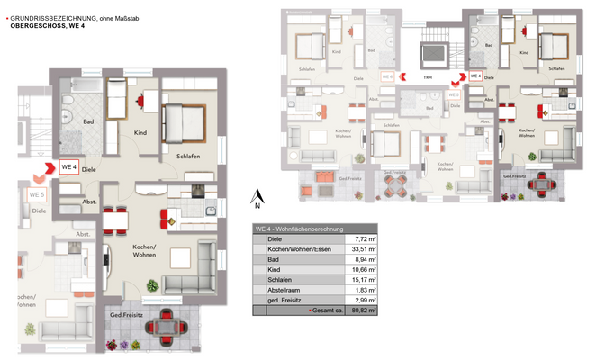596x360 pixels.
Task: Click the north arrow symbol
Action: pyautogui.click(x=258, y=197)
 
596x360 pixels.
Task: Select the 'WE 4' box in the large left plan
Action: pyautogui.click(x=68, y=167)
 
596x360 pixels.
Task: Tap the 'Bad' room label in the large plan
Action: pyautogui.click(x=87, y=121)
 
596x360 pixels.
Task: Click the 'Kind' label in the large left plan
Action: pyautogui.click(x=140, y=133)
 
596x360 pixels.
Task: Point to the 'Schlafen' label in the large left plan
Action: pyautogui.click(x=187, y=157)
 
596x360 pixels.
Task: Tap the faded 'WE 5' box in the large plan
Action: pyautogui.click(x=37, y=194)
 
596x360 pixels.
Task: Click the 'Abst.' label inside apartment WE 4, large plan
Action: pyautogui.click(x=89, y=202)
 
